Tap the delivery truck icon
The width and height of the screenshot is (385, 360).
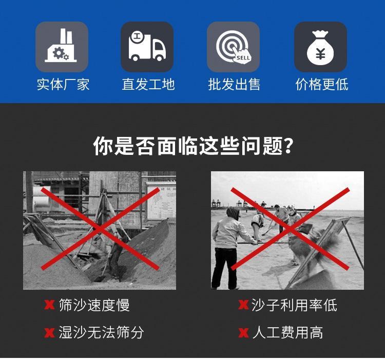click(x=147, y=47)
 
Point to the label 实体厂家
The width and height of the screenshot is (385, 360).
click(x=63, y=85)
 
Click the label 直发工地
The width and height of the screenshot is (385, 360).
click(x=148, y=85)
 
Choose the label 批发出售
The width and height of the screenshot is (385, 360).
click(x=234, y=85)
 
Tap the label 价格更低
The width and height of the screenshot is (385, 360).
click(x=322, y=85)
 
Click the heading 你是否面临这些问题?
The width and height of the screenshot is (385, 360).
click(x=193, y=146)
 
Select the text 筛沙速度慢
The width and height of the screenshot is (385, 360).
click(x=94, y=305)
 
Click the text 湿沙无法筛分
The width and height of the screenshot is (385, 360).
click(x=101, y=332)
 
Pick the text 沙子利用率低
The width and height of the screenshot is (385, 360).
click(x=294, y=305)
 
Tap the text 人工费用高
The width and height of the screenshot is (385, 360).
click(x=287, y=332)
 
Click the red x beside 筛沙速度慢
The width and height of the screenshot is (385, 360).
click(x=49, y=305)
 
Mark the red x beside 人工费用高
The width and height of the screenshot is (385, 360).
click(x=243, y=333)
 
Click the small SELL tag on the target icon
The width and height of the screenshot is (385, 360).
click(x=243, y=58)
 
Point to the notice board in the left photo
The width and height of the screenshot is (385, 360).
click(x=161, y=201)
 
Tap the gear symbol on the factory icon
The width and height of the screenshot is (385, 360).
click(x=59, y=53)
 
